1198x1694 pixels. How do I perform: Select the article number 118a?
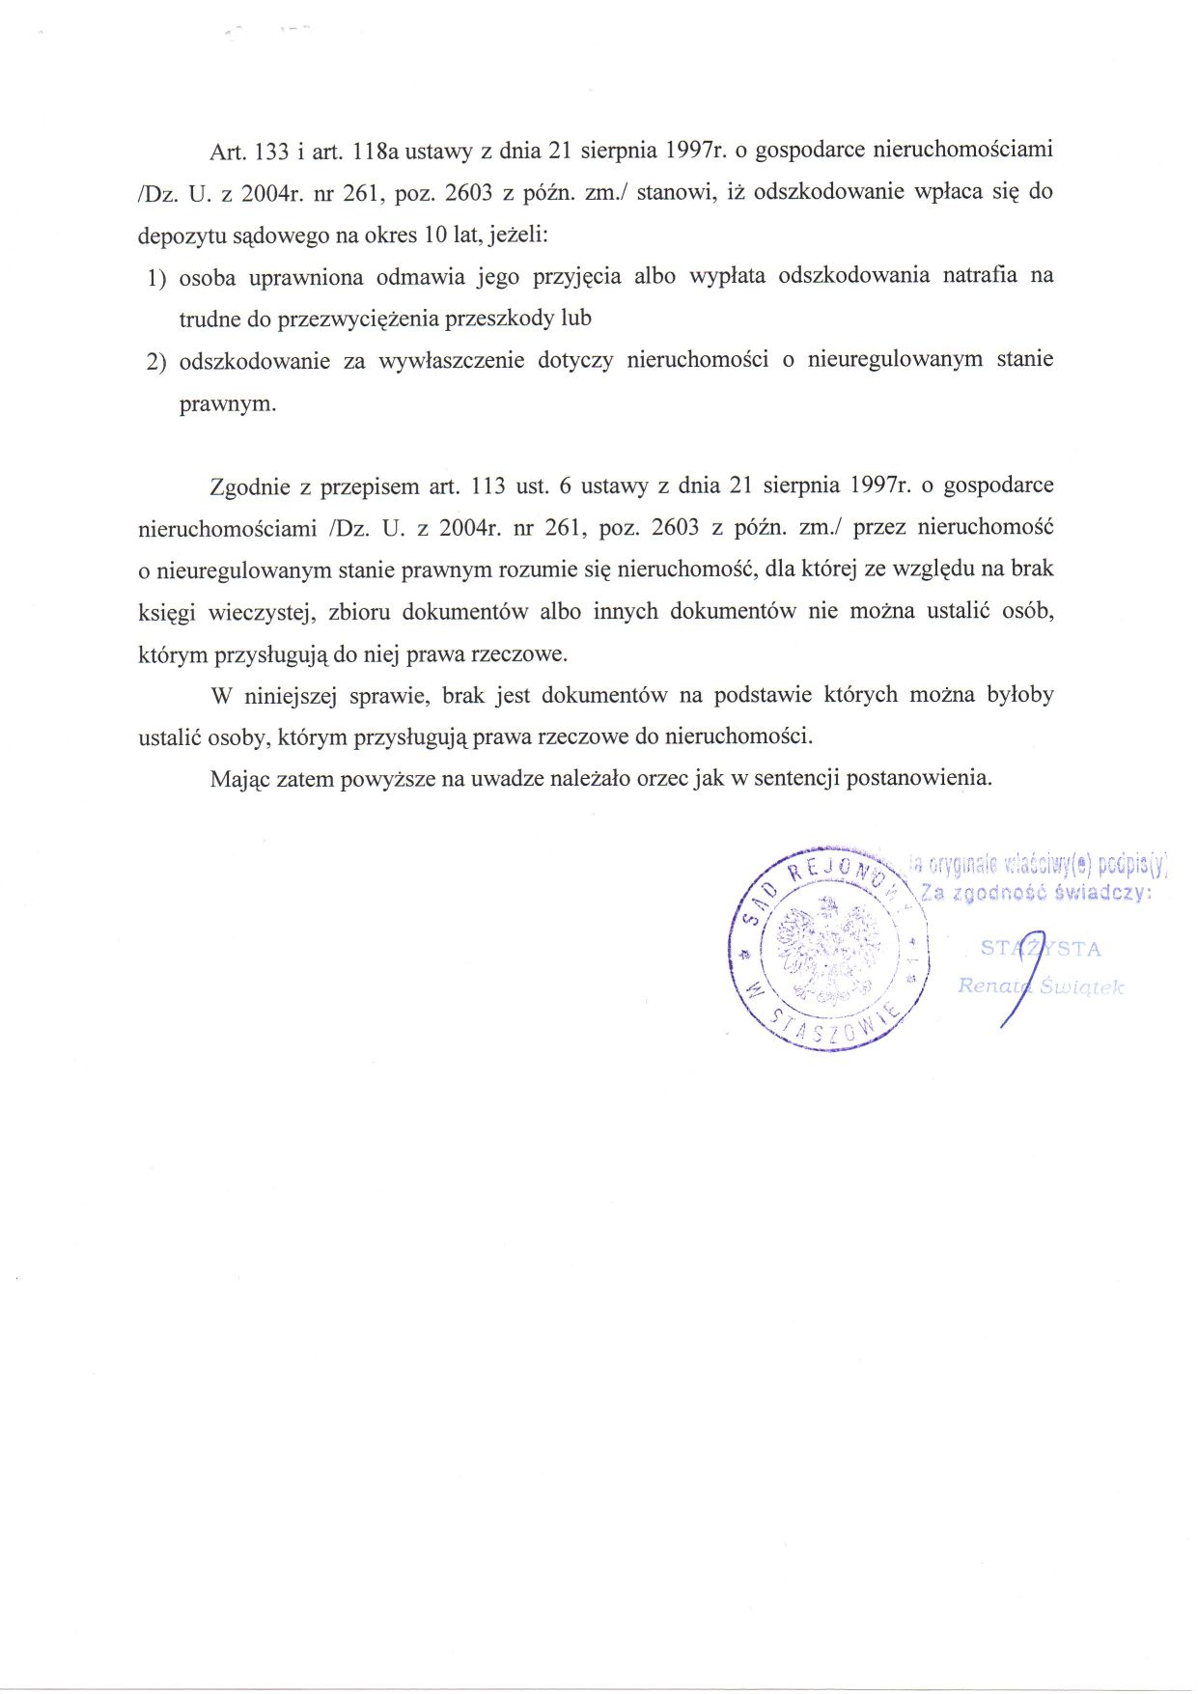376,151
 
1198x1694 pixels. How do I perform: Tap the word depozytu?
180,236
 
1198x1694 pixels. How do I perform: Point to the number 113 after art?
488,486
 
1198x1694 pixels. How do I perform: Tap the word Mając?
239,779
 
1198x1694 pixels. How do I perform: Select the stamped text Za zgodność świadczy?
1036,893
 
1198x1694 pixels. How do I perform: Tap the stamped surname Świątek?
1081,986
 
